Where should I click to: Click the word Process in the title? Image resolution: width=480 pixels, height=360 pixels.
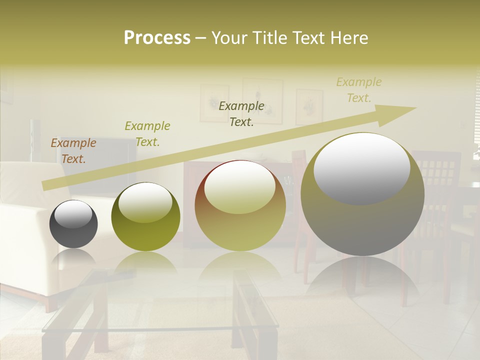(157, 38)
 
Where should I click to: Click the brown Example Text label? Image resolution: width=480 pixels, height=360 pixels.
(73, 151)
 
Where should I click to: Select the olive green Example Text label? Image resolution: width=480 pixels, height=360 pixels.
(147, 134)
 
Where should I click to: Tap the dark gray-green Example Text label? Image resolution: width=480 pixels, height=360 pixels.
(241, 113)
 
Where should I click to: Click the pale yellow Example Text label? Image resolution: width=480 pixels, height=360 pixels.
(359, 90)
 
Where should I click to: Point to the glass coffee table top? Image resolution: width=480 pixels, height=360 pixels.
(160, 310)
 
